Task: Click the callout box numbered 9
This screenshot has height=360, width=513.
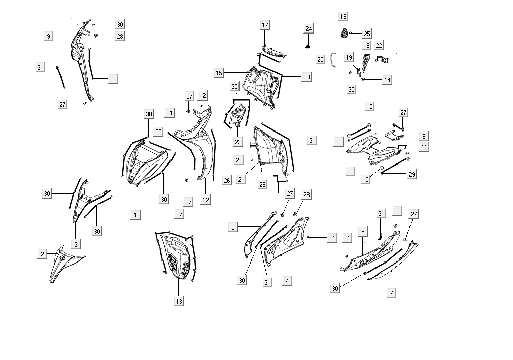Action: [x=48, y=36]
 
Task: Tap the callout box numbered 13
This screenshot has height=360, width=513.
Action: [x=179, y=301]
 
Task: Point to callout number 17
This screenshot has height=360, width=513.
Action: [x=265, y=25]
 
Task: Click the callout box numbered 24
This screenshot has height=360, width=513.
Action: [x=309, y=28]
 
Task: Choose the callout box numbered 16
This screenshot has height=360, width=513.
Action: [x=343, y=17]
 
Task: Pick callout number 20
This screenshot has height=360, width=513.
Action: [x=320, y=59]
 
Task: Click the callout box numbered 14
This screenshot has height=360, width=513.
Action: [x=387, y=80]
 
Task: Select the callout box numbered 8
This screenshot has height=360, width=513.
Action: [x=424, y=136]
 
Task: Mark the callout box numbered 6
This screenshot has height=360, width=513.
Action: [x=233, y=227]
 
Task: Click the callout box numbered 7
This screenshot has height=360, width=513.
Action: [x=392, y=293]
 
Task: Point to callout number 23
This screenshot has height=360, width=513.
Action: [x=238, y=142]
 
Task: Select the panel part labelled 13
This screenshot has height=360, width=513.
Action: [x=177, y=256]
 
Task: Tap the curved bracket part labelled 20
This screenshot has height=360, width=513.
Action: [x=333, y=59]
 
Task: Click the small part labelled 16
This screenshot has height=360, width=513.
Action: [x=344, y=33]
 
